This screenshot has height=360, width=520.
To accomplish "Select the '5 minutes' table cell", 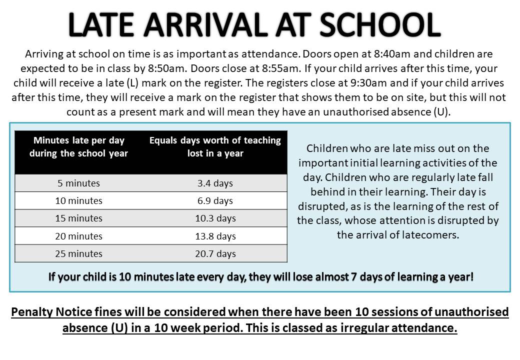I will pyautogui.click(x=78, y=183).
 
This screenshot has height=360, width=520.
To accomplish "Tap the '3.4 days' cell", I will pyautogui.click(x=215, y=183).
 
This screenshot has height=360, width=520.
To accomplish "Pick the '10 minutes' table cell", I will pyautogui.click(x=78, y=200).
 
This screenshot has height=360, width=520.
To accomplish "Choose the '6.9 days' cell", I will pyautogui.click(x=215, y=200).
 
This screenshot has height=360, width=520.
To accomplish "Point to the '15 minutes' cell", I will pyautogui.click(x=78, y=218).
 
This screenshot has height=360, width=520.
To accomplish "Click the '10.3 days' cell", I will pyautogui.click(x=215, y=218).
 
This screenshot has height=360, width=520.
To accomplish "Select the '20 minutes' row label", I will pyautogui.click(x=78, y=236).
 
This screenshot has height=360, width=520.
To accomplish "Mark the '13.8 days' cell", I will pyautogui.click(x=215, y=236).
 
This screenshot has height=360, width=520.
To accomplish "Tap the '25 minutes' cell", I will pyautogui.click(x=78, y=253).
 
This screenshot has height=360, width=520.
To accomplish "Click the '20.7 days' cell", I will pyautogui.click(x=215, y=253).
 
